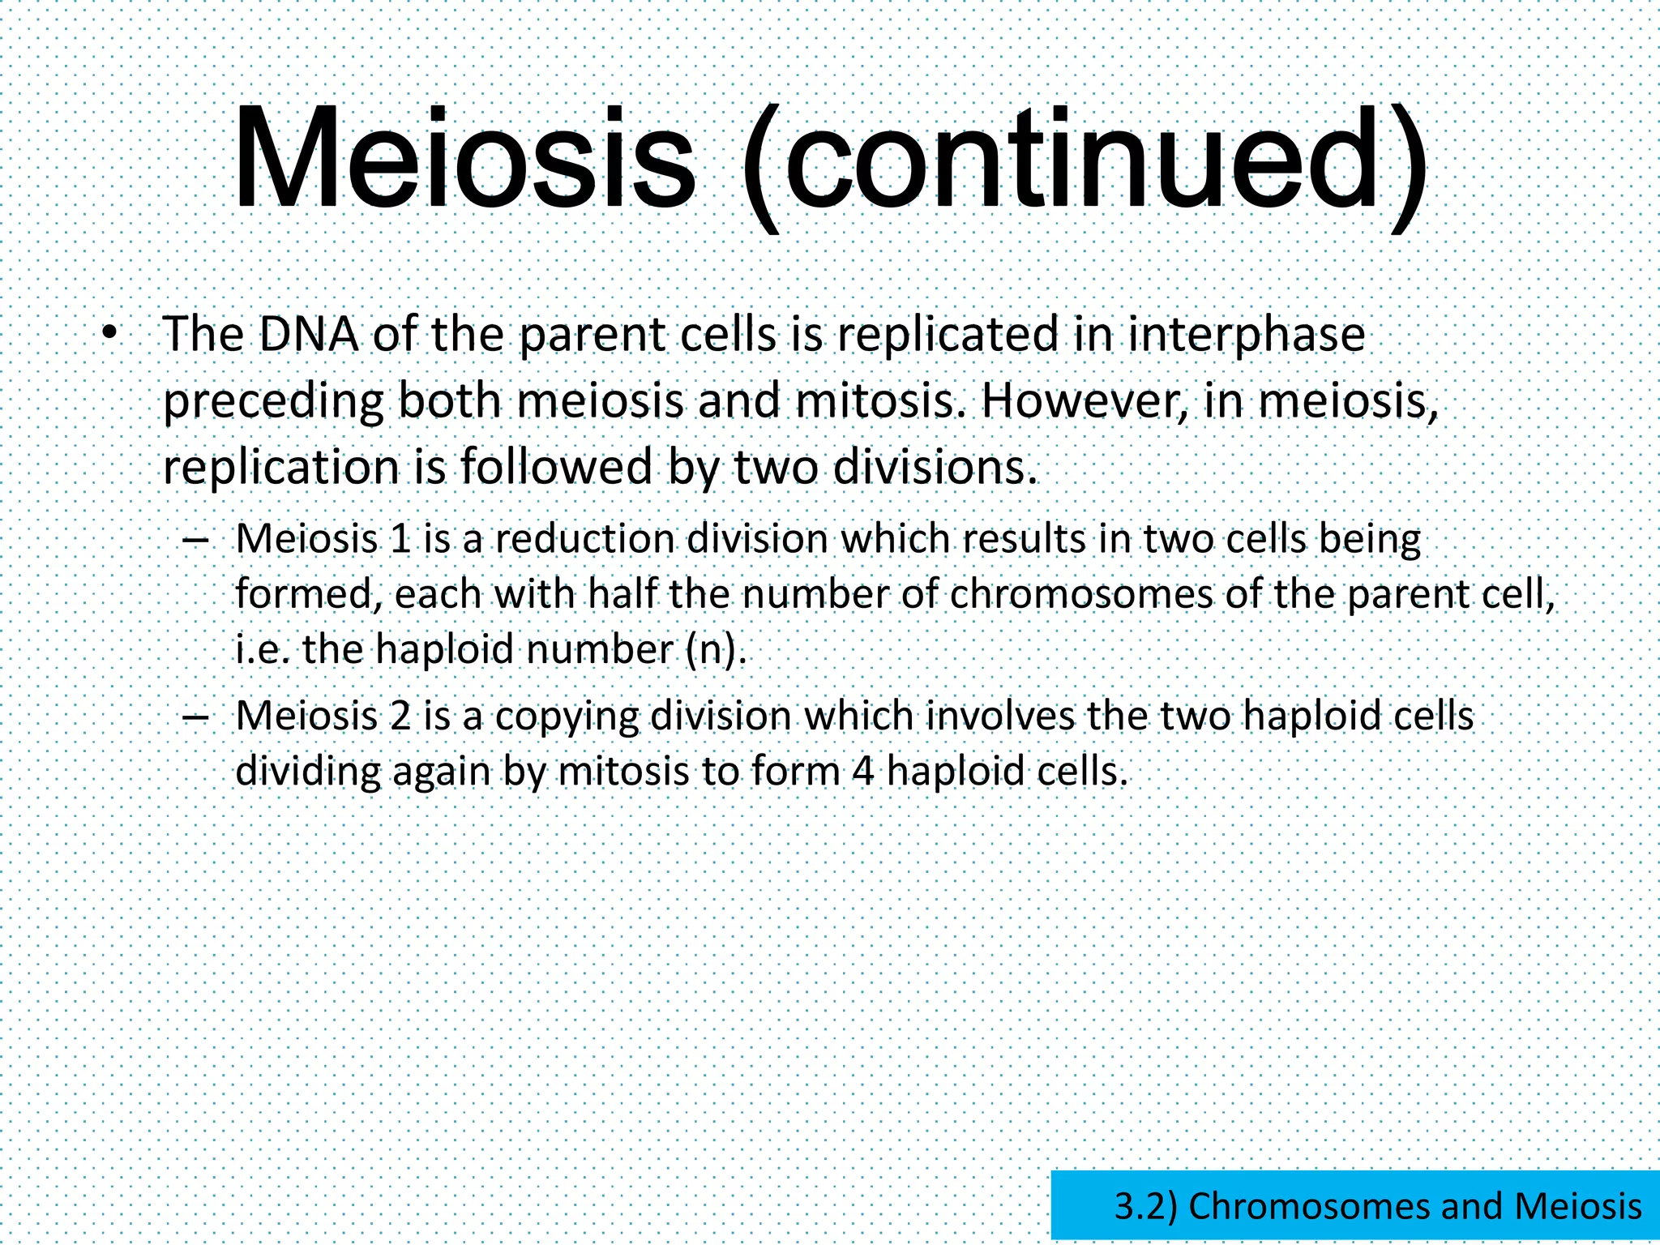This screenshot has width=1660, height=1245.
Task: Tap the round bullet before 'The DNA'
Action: point(110,333)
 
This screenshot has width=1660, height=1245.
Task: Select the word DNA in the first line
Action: point(309,335)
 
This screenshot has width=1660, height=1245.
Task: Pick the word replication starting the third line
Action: point(281,468)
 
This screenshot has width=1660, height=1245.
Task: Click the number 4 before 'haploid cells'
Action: point(862,772)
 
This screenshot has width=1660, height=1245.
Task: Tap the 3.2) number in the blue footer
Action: point(1145,1206)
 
